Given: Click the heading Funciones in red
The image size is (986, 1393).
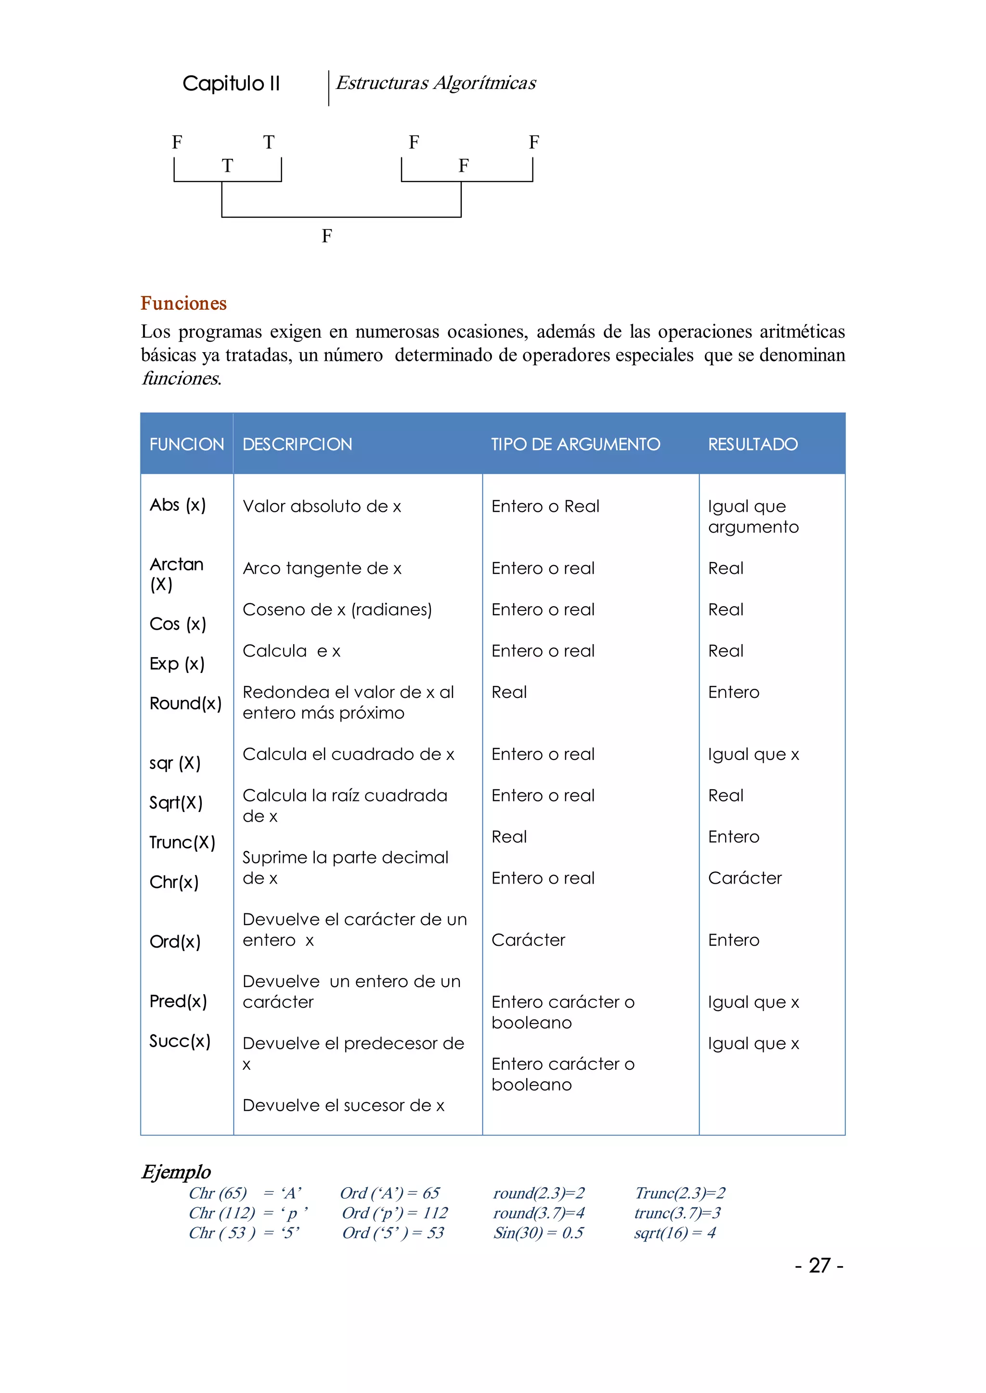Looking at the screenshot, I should click(x=183, y=304).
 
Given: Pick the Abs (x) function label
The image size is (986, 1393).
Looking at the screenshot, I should click(x=177, y=505).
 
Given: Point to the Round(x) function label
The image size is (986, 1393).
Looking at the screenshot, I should click(x=185, y=703).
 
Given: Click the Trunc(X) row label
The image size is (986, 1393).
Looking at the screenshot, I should click(x=182, y=842).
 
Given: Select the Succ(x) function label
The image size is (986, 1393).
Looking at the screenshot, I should click(x=180, y=1041).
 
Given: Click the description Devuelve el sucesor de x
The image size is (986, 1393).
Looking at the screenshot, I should click(x=343, y=1105).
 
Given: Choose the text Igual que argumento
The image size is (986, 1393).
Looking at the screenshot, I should click(x=753, y=516).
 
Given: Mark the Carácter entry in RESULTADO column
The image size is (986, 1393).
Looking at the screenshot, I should click(x=744, y=878).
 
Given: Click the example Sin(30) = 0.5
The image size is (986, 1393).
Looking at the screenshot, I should click(x=538, y=1232).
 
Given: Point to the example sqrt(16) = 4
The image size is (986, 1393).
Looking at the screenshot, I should click(x=675, y=1232).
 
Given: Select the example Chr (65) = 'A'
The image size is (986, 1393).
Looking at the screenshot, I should click(x=245, y=1193).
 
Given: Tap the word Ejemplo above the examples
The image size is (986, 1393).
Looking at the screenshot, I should click(x=176, y=1172).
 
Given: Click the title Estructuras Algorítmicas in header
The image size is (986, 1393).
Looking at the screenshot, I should click(x=435, y=83).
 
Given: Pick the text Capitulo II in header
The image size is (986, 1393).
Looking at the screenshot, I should click(x=231, y=83).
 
